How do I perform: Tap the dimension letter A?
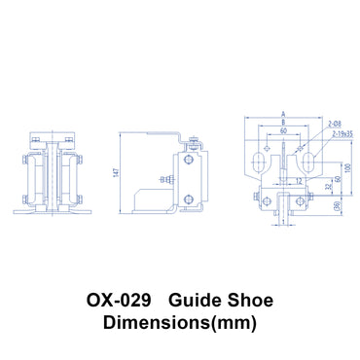tap(283, 112)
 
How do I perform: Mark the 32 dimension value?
tap(328, 189)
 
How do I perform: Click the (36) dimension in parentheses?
tap(337, 205)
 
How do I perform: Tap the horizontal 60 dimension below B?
tap(283, 129)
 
